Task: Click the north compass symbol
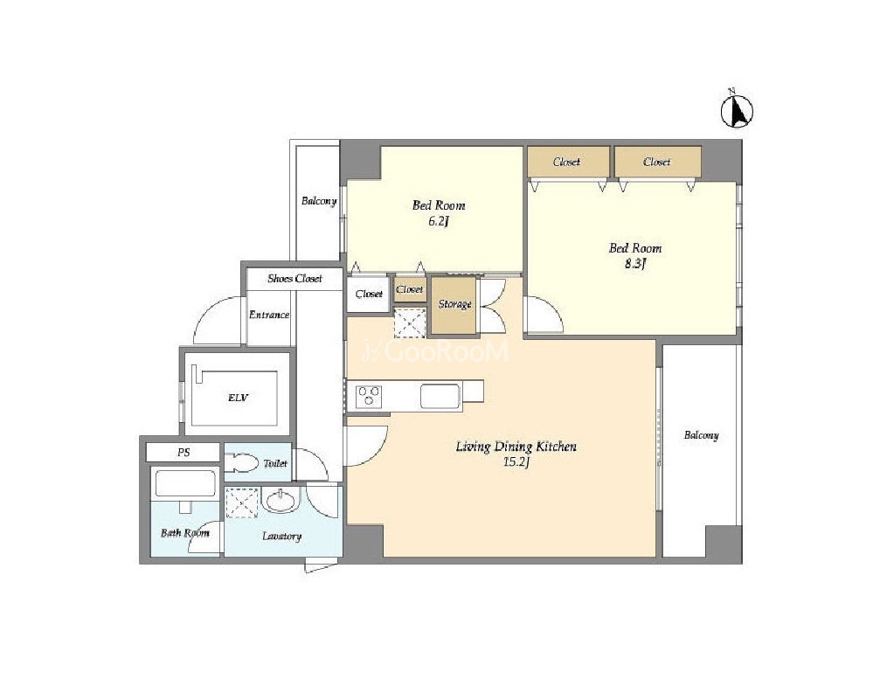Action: pyautogui.click(x=737, y=110)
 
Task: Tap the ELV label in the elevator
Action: pyautogui.click(x=238, y=398)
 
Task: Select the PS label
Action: pyautogui.click(x=184, y=453)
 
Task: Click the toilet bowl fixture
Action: pyautogui.click(x=245, y=462)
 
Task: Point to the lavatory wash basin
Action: pyautogui.click(x=281, y=500)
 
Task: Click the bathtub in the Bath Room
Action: pyautogui.click(x=185, y=482)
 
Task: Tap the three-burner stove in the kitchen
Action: pyautogui.click(x=369, y=397)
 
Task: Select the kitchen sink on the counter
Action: pyautogui.click(x=440, y=396)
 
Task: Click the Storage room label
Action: pyautogui.click(x=455, y=304)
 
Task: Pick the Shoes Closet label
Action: pyautogui.click(x=294, y=279)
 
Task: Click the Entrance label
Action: pyautogui.click(x=269, y=315)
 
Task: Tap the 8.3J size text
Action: pyautogui.click(x=634, y=264)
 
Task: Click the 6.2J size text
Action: pyautogui.click(x=438, y=221)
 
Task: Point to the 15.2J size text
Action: pyautogui.click(x=516, y=462)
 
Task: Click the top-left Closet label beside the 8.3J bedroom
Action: pyautogui.click(x=567, y=162)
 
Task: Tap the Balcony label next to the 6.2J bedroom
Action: pyautogui.click(x=319, y=201)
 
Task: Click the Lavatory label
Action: pyautogui.click(x=281, y=537)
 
